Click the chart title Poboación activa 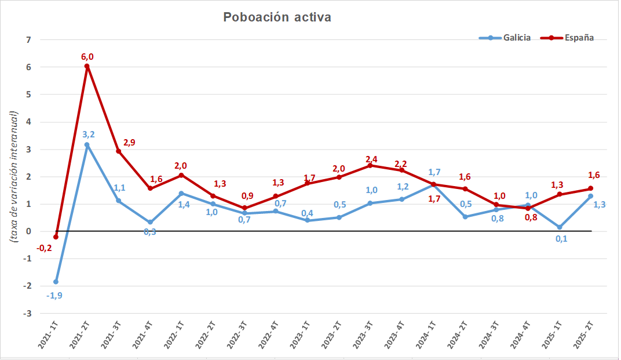pyautogui.click(x=277, y=17)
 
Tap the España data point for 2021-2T pyautogui.click(x=87, y=66)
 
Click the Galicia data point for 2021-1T pyautogui.click(x=56, y=282)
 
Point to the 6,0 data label pyautogui.click(x=87, y=56)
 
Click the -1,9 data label pyautogui.click(x=55, y=295)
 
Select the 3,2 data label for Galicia pyautogui.click(x=89, y=134)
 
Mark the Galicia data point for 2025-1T pyautogui.click(x=560, y=227)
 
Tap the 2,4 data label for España pyautogui.click(x=372, y=159)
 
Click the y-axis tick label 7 pyautogui.click(x=28, y=40)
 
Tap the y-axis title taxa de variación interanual pyautogui.click(x=13, y=176)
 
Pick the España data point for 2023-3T pyautogui.click(x=370, y=165)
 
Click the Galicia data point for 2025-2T pyautogui.click(x=591, y=196)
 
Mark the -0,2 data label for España pyautogui.click(x=44, y=248)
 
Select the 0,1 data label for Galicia pyautogui.click(x=561, y=239)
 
